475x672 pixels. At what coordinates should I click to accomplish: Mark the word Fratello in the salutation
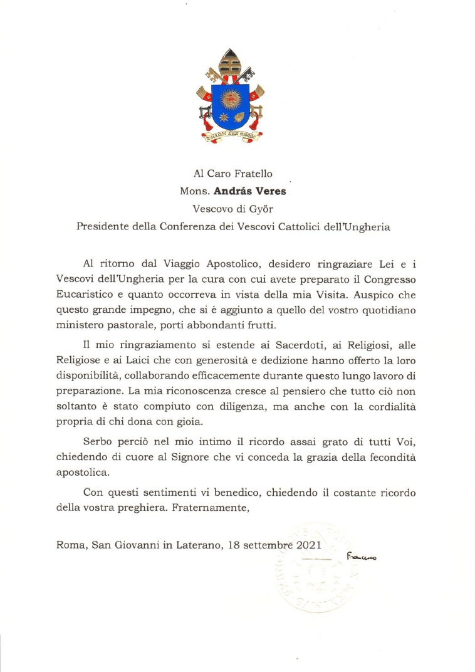tap(253, 174)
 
